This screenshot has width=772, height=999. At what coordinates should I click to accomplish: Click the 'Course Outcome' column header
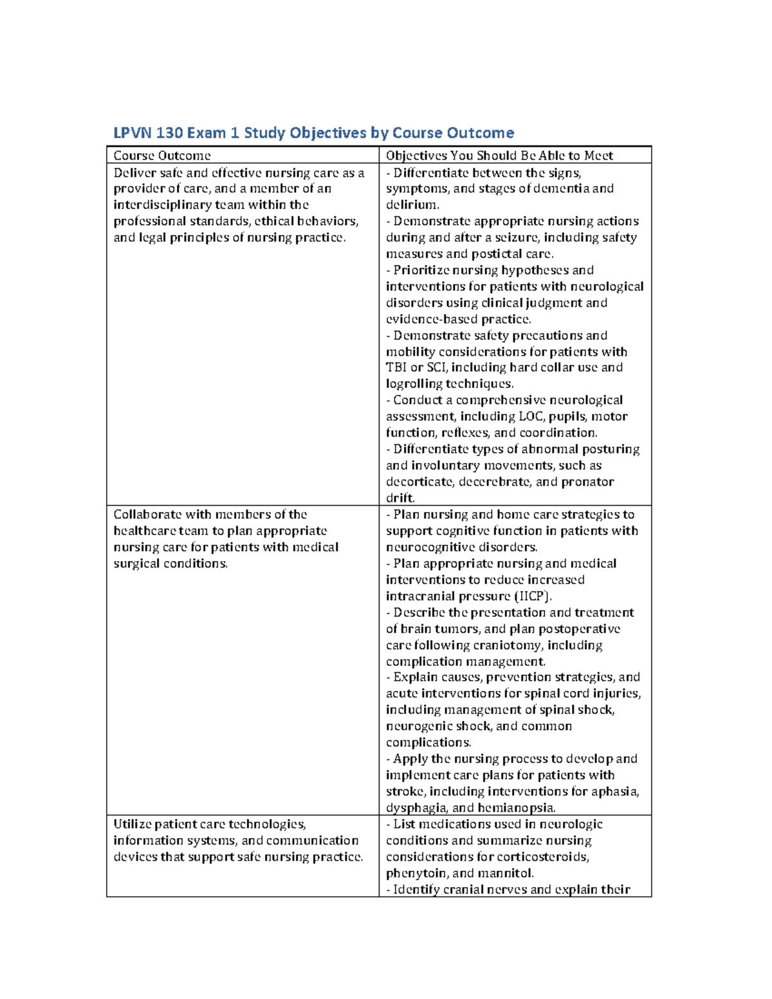pos(162,156)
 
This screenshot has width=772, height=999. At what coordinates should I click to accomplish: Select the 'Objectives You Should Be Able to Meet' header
pos(499,156)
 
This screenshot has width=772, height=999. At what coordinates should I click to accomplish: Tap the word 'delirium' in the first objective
pos(412,205)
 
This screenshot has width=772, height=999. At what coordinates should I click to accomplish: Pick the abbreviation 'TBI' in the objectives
pos(396,368)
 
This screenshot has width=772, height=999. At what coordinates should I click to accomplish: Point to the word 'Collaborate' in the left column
pos(147,515)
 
